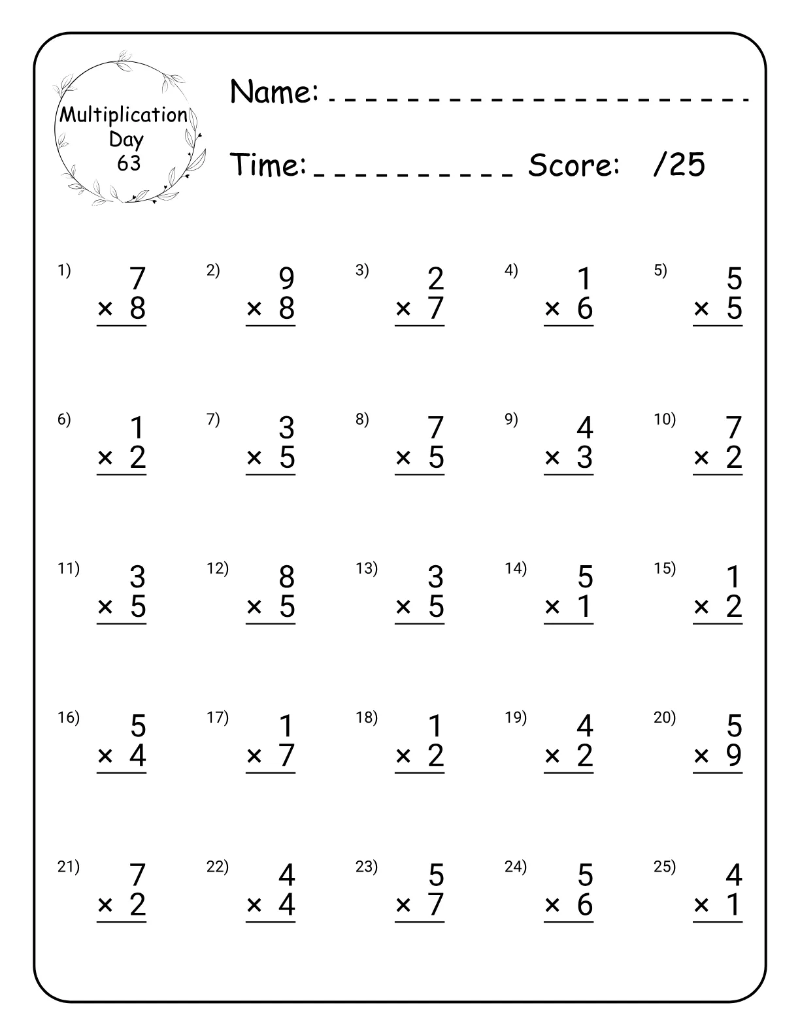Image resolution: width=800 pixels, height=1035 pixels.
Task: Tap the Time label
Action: click(268, 165)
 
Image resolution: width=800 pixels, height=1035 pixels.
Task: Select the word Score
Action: click(573, 165)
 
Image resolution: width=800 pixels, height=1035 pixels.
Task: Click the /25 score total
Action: click(679, 164)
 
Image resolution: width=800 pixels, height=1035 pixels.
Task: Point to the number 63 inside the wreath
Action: click(129, 163)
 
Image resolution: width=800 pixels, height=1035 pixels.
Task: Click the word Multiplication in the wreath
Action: click(124, 115)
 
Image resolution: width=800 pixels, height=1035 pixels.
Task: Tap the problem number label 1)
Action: click(64, 270)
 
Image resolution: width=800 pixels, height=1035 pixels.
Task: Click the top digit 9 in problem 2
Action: click(287, 279)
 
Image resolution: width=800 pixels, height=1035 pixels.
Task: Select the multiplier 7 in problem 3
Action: click(436, 308)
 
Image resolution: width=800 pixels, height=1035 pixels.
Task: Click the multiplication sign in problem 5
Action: click(701, 308)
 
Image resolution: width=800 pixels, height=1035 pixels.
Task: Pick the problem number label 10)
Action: click(665, 419)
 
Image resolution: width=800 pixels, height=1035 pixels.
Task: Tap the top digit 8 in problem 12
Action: click(287, 578)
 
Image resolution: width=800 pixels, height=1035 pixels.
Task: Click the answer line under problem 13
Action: click(420, 624)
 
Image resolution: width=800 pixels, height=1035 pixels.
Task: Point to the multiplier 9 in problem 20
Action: click(734, 755)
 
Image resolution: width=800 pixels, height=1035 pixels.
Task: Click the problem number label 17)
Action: click(218, 717)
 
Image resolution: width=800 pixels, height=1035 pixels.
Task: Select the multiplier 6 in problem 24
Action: click(585, 905)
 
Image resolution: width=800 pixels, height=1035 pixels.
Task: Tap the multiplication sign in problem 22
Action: click(254, 905)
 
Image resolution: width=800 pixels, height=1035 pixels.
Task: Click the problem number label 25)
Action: click(665, 866)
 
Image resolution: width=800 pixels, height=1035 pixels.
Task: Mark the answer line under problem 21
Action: click(122, 922)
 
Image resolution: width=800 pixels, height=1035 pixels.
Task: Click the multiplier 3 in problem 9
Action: click(585, 457)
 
